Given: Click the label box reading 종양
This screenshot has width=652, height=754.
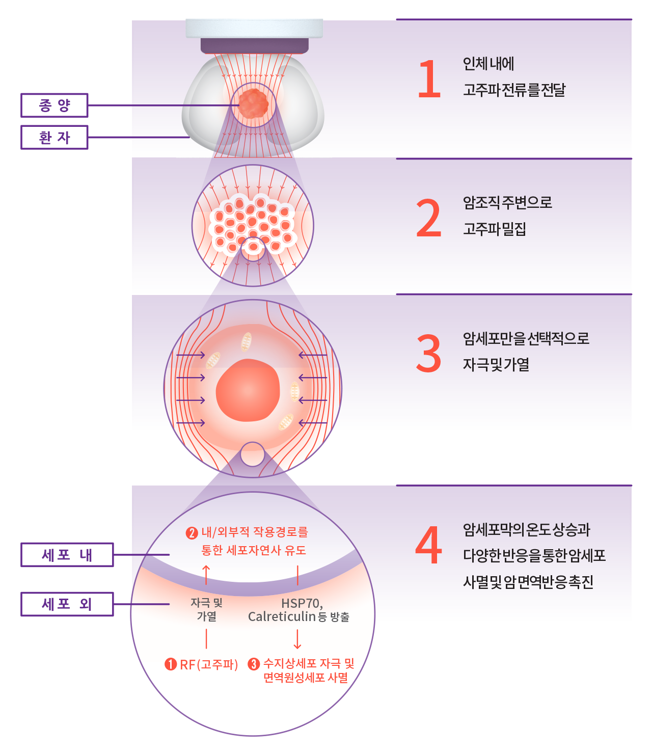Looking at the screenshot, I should (x=55, y=105).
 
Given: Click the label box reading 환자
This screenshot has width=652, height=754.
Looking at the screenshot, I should (x=55, y=138).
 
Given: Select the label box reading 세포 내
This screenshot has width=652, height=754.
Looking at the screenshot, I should (x=67, y=555).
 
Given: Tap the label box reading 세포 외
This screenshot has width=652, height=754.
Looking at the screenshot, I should (x=67, y=604).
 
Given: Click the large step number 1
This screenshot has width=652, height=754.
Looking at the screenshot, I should (x=429, y=78).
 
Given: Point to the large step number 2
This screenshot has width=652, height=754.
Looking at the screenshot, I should (x=428, y=218).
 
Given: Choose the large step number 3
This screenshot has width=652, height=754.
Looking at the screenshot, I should (x=428, y=354).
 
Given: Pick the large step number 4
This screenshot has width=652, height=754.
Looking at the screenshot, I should (x=428, y=545).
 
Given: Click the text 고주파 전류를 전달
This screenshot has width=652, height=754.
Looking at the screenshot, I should (x=514, y=90).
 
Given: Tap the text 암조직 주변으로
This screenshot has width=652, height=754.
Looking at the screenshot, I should (x=507, y=202).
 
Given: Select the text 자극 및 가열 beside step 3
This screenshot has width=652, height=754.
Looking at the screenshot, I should (x=496, y=365).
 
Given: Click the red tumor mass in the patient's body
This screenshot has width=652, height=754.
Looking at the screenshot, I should (x=253, y=104).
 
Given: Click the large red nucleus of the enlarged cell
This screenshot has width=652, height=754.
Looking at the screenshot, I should (x=248, y=390).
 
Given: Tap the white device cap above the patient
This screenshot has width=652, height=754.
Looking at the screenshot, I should (x=254, y=29).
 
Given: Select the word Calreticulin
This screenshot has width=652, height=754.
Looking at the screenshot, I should (x=282, y=617).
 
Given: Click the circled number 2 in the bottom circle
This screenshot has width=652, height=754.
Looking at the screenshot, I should (x=192, y=533).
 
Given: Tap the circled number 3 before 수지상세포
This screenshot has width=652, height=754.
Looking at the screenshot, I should (x=254, y=664).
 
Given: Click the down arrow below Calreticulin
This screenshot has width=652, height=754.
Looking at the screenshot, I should (x=297, y=639).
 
